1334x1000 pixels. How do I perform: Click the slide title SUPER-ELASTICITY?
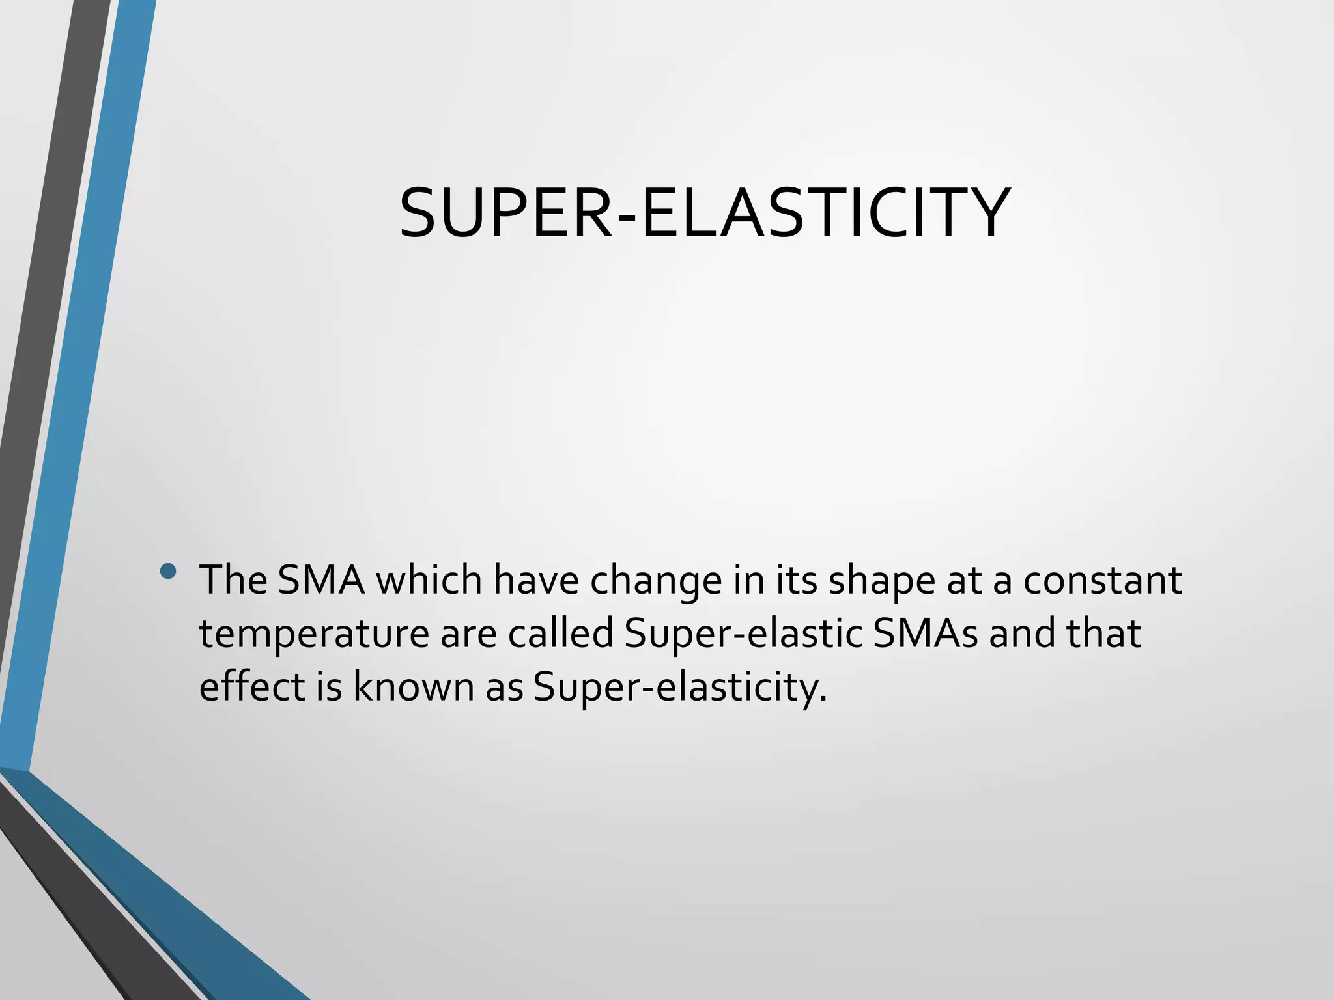704,213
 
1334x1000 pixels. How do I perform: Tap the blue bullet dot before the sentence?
167,571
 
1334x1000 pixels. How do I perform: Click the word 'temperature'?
314,634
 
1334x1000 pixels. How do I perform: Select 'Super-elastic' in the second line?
743,634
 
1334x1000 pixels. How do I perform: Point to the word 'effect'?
251,686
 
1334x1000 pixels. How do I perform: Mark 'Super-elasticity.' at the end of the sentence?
679,687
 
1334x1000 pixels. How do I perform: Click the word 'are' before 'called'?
468,634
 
